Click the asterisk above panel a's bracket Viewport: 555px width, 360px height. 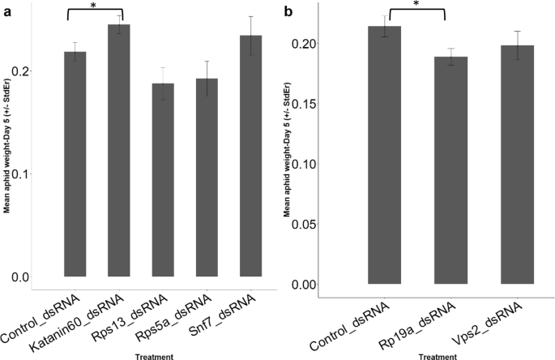[94, 6]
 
